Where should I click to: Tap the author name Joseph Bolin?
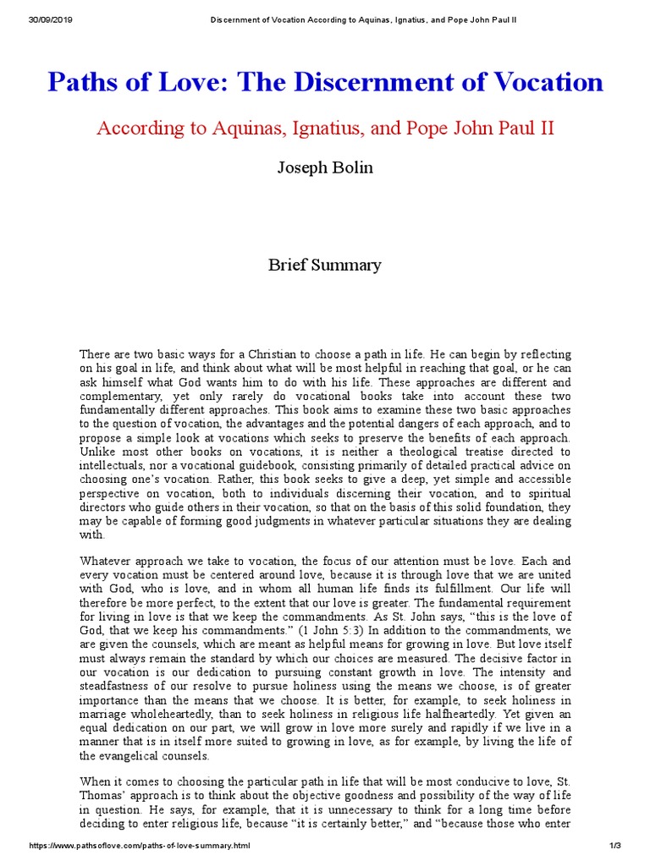coord(325,167)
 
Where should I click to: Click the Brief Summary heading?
coord(325,265)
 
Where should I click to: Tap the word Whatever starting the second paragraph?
coord(107,560)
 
